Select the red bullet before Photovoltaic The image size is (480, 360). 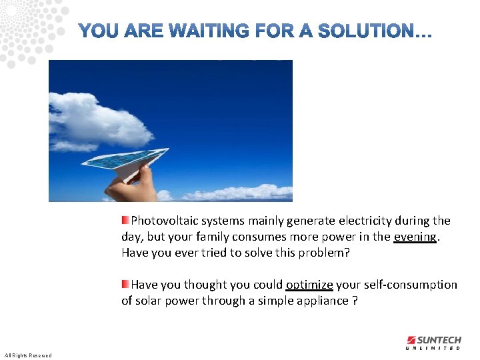click(125, 220)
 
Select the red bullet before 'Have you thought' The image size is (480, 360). click(125, 284)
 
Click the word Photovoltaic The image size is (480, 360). click(165, 221)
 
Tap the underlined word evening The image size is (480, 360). click(415, 237)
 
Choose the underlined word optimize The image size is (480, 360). click(309, 285)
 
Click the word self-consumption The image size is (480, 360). click(410, 285)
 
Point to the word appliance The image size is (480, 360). click(323, 301)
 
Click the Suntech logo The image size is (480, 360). click(433, 340)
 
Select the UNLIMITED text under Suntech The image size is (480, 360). click(433, 348)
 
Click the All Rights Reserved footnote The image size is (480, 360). click(28, 355)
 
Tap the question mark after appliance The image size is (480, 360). click(355, 301)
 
